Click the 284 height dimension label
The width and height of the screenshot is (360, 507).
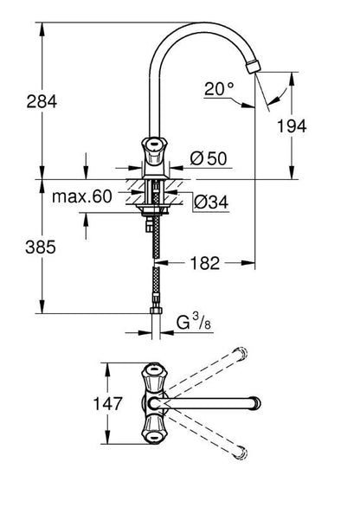42,101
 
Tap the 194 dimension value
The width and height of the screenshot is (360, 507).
292,126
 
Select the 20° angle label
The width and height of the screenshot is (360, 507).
219,88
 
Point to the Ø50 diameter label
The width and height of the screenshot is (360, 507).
209,158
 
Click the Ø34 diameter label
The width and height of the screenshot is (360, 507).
211,202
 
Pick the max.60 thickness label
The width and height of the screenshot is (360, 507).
82,196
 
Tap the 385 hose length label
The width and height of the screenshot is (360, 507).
41,247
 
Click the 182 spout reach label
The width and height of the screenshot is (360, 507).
205,263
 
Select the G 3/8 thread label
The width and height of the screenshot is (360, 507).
194,322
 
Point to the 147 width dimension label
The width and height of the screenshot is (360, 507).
108,403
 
